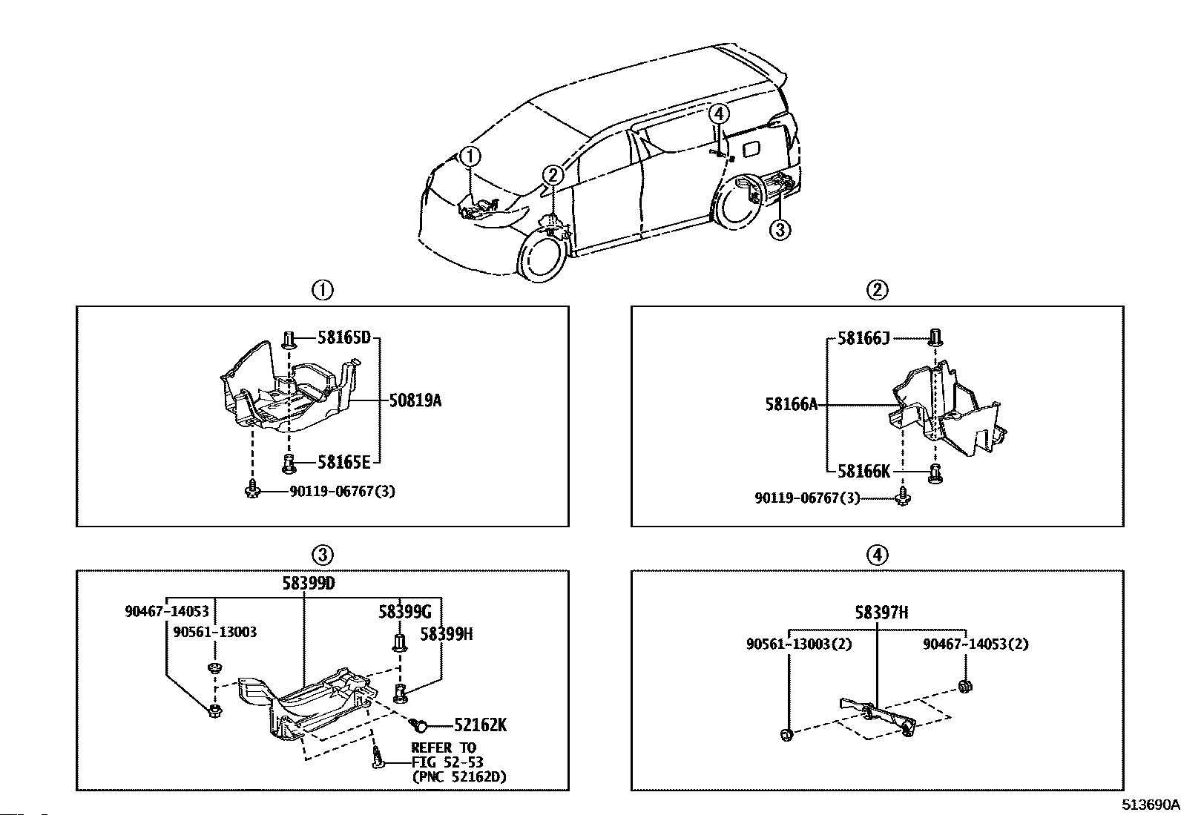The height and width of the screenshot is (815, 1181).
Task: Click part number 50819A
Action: pos(415,401)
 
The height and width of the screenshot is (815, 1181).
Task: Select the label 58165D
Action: pos(343,338)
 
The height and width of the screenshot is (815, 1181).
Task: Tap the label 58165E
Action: pos(343,462)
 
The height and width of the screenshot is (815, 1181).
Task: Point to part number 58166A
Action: pos(791,404)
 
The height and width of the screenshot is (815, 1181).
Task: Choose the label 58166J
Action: pos(863,338)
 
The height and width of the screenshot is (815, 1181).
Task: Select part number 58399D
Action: pos(308,583)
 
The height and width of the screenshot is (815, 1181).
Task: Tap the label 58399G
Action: pos(404,612)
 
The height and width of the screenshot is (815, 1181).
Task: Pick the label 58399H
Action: pos(446,634)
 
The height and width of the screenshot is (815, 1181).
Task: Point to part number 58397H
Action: pos(881,613)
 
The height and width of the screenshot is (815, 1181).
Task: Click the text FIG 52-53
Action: pos(447,762)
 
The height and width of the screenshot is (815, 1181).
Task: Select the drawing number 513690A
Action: pos(1150,804)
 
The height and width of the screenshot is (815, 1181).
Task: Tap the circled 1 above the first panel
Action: pos(323,290)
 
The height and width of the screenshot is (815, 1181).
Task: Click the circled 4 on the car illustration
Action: pos(718,113)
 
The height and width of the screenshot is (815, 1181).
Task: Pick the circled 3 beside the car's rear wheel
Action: pos(779,230)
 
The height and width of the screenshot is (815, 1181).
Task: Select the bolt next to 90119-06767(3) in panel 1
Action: pos(251,490)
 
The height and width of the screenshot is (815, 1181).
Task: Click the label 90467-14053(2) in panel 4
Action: pos(976,644)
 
